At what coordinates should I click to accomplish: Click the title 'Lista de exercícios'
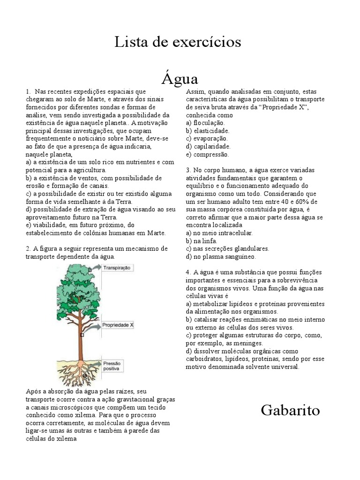tap(178, 42)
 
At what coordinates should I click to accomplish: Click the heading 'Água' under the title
tap(180, 77)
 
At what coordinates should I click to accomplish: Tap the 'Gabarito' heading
tap(290, 411)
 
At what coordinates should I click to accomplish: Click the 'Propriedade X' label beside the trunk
tap(118, 324)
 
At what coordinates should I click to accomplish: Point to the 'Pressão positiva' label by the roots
tap(112, 366)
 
